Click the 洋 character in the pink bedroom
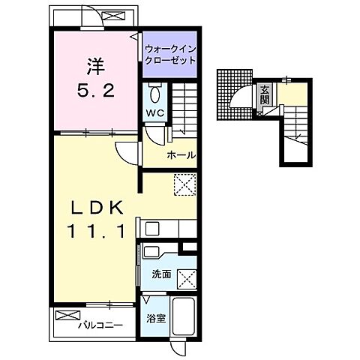[x=96, y=66]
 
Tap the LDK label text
[x=97, y=208]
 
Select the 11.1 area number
[x=96, y=231]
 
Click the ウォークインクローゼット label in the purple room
[x=170, y=55]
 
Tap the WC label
[x=155, y=113]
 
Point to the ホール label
[x=181, y=155]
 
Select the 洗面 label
[x=162, y=274]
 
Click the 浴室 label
[x=156, y=319]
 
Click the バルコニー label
[x=100, y=325]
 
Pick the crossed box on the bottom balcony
[x=68, y=315]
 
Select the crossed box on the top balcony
[x=114, y=16]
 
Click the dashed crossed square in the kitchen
[x=185, y=184]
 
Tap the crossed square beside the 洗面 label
[x=187, y=280]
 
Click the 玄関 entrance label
[x=265, y=94]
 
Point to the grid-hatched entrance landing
[x=235, y=95]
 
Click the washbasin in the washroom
[x=152, y=252]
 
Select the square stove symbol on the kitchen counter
[x=151, y=228]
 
